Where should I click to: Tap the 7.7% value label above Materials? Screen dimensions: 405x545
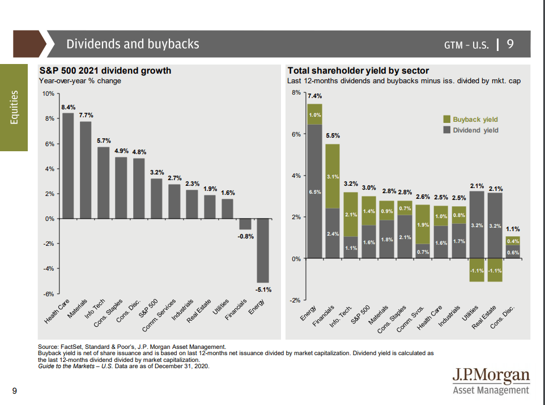[x=86, y=115]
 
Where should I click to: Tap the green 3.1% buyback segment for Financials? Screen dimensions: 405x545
[x=333, y=176]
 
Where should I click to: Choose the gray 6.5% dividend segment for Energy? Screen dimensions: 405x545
[x=314, y=191]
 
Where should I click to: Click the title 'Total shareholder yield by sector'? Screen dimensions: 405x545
[x=358, y=71]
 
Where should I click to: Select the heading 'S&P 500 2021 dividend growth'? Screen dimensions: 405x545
[x=105, y=71]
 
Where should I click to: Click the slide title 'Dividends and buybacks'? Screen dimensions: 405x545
[x=133, y=44]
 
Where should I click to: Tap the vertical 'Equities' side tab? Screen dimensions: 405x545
[x=14, y=107]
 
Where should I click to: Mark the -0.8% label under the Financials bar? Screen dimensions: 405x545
[x=244, y=236]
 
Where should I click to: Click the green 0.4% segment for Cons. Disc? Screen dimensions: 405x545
[x=513, y=241]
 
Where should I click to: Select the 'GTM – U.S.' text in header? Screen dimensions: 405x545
[x=466, y=45]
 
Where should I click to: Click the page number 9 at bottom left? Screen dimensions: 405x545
[x=14, y=390]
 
